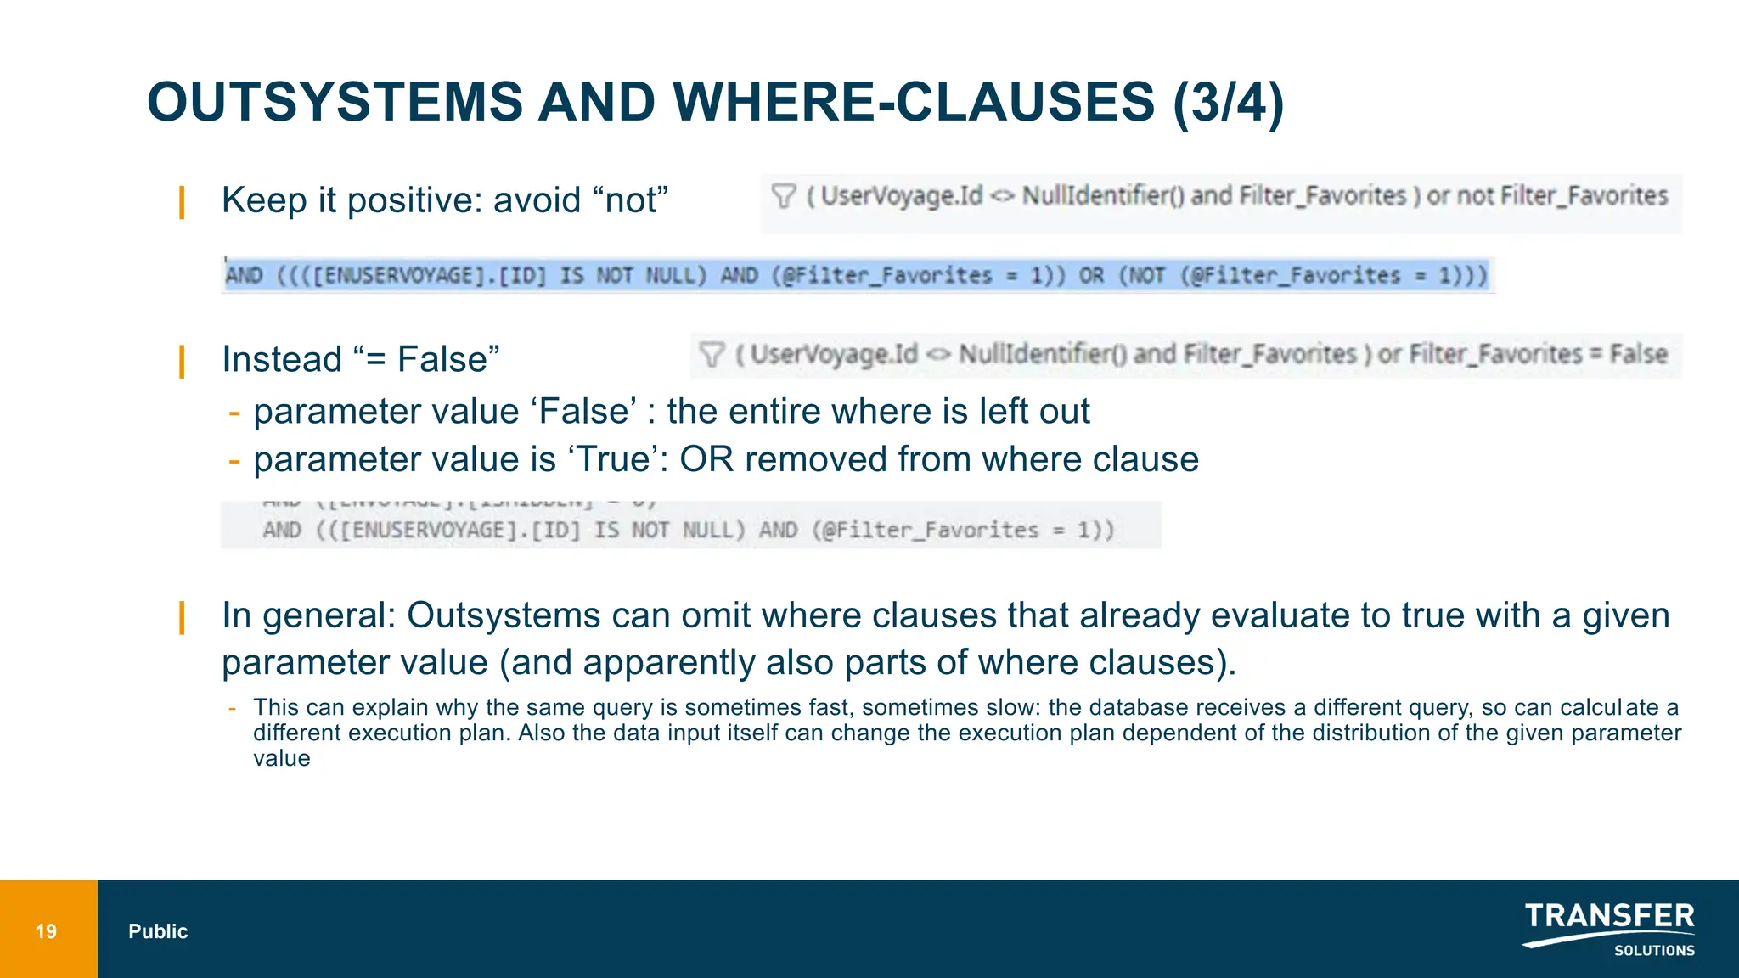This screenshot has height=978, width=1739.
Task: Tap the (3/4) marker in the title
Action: pyautogui.click(x=1228, y=103)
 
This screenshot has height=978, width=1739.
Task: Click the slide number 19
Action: pyautogui.click(x=46, y=931)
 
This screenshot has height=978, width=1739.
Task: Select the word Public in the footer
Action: pyautogui.click(x=158, y=931)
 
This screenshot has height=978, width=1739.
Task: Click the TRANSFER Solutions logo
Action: pyautogui.click(x=1609, y=930)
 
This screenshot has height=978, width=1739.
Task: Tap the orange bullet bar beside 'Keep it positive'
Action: pyautogui.click(x=182, y=203)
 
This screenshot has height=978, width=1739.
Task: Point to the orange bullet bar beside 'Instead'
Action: pyautogui.click(x=182, y=361)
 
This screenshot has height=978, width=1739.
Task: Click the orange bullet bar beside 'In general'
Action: pyautogui.click(x=182, y=617)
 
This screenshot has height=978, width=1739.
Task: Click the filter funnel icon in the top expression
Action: pyautogui.click(x=783, y=196)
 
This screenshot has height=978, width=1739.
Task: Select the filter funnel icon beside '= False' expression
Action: pyautogui.click(x=712, y=354)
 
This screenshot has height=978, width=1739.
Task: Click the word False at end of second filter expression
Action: pyautogui.click(x=1639, y=354)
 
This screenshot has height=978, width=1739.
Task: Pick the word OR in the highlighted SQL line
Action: pyautogui.click(x=1091, y=276)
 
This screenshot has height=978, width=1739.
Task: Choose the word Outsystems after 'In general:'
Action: pyautogui.click(x=503, y=615)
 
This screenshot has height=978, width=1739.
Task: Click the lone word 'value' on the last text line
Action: pyautogui.click(x=281, y=758)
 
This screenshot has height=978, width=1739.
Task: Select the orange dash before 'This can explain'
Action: pyautogui.click(x=233, y=708)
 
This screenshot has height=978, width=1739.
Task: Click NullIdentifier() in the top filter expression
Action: pyautogui.click(x=1102, y=196)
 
